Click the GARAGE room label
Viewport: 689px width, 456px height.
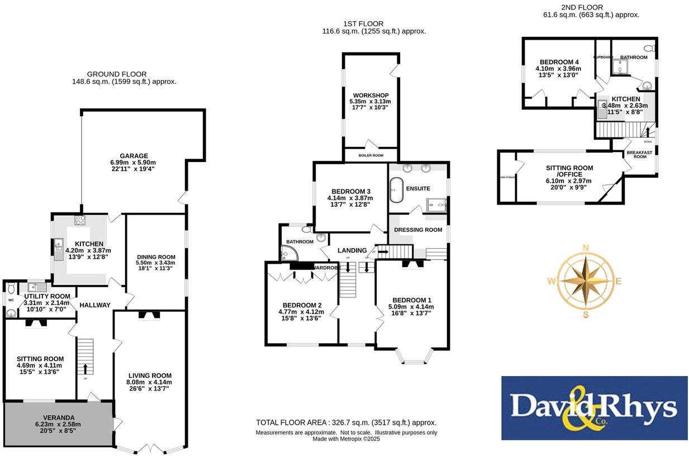click(133, 156)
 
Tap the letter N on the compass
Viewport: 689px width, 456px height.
click(586, 248)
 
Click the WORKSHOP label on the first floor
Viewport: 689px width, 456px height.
click(370, 95)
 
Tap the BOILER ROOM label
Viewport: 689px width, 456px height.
click(370, 154)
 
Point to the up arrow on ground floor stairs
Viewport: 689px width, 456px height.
click(85, 368)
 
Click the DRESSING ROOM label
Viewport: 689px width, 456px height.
click(418, 230)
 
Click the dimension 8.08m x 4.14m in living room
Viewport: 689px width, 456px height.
click(149, 382)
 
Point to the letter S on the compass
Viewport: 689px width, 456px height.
click(586, 315)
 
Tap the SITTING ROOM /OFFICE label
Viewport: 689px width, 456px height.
click(569, 171)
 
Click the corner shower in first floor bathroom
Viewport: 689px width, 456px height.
click(288, 255)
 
